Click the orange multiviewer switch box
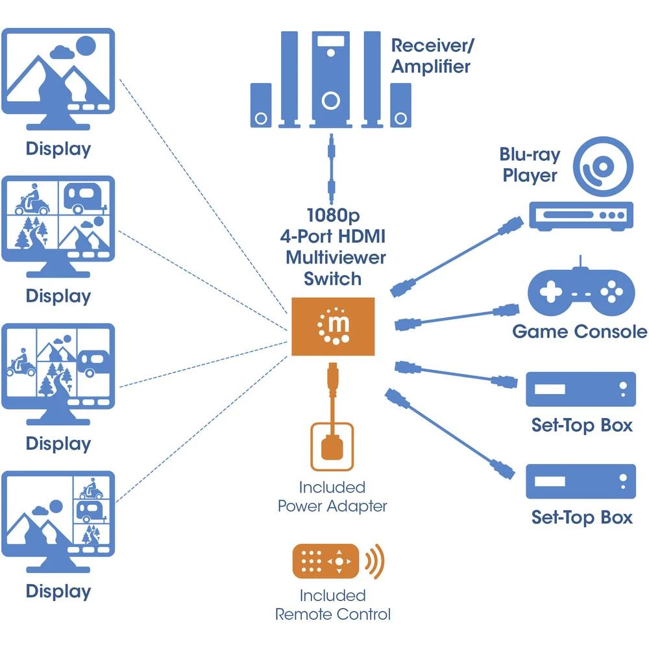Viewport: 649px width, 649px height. coord(333,326)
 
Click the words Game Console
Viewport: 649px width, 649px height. coord(579,332)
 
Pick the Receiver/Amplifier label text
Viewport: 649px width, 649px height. coord(430,56)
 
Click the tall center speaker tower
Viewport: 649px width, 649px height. coord(330,78)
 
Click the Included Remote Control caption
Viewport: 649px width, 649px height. coord(333,604)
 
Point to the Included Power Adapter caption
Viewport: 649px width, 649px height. coord(332,496)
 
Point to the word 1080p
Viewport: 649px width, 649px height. coord(334,215)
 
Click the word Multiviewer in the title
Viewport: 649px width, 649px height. coord(336,258)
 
